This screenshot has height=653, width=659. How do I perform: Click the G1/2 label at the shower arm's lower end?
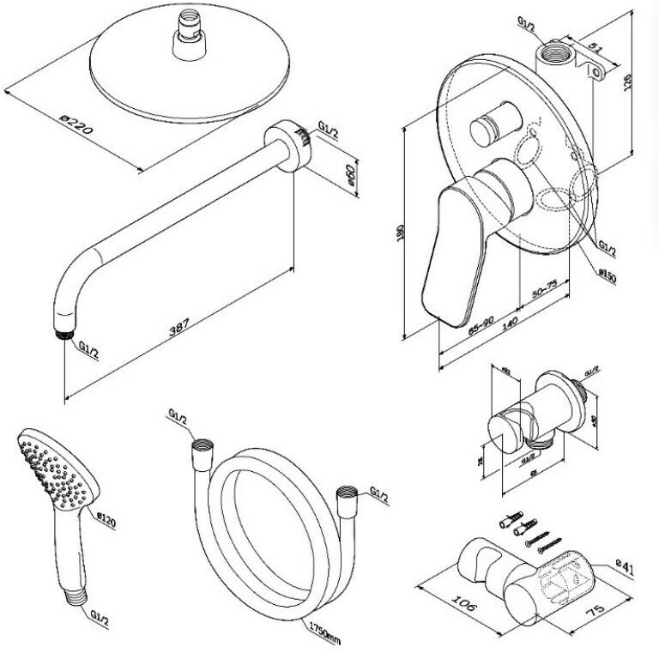pos(88,350)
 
